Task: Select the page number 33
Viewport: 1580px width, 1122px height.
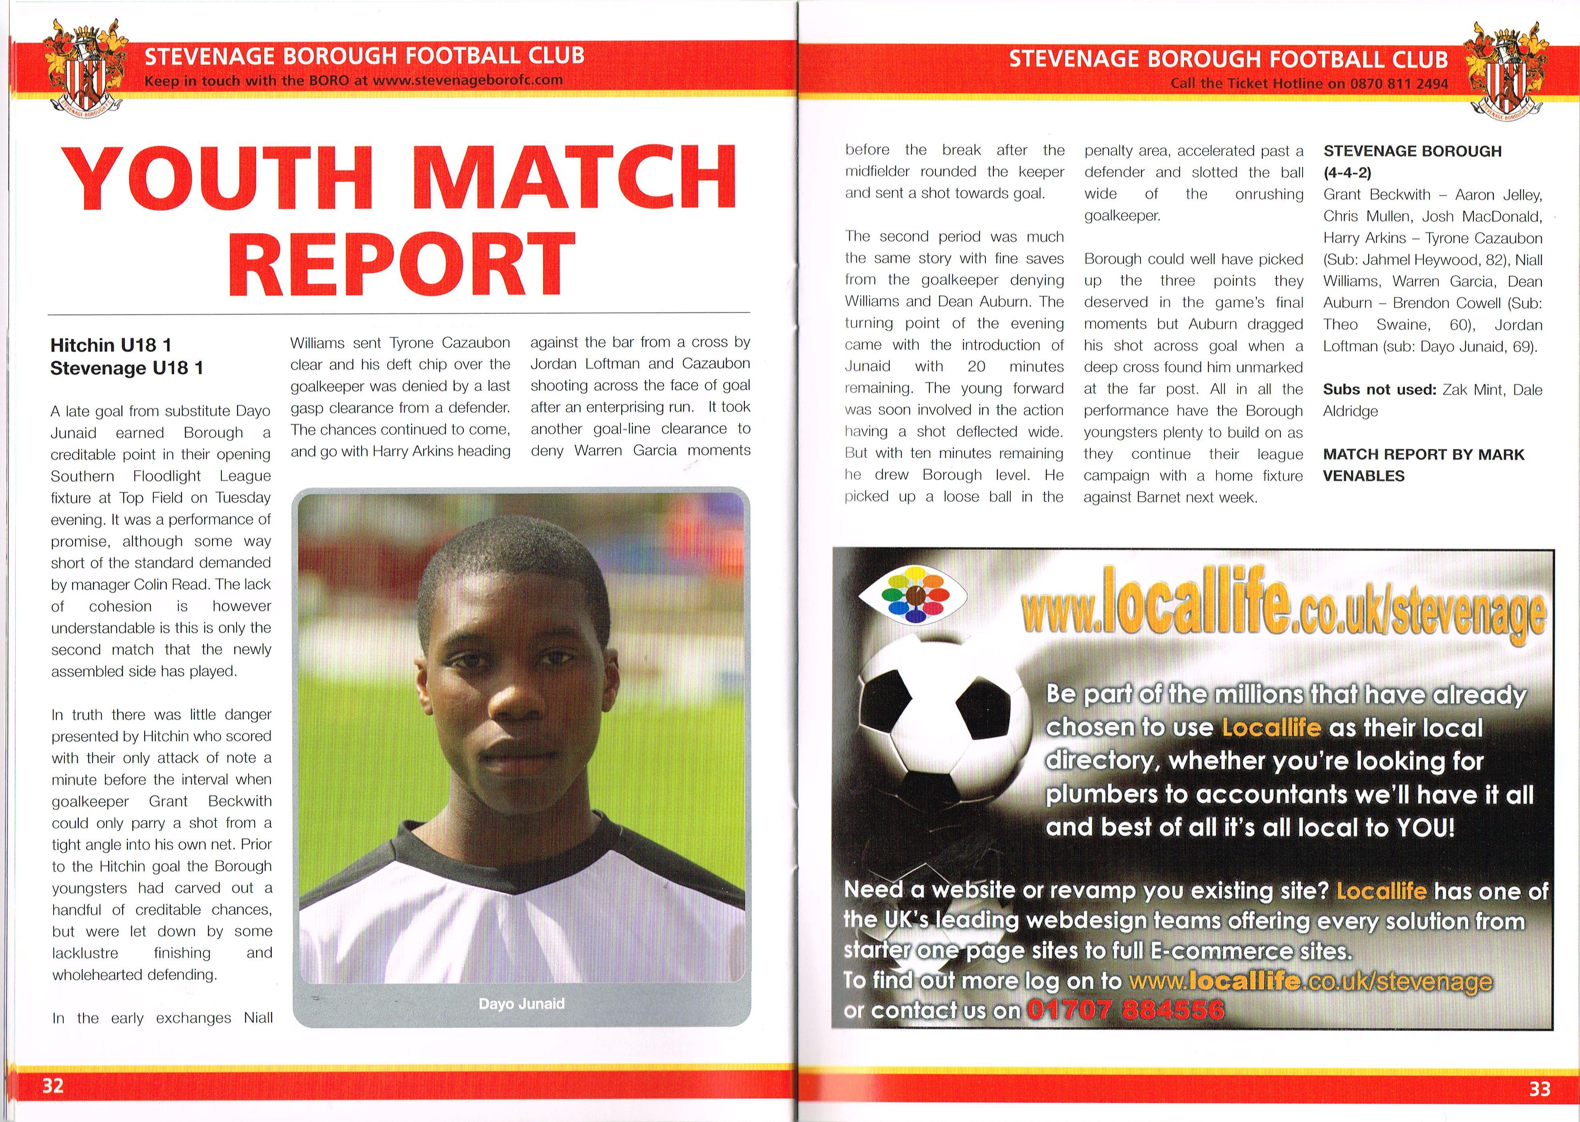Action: pyautogui.click(x=1539, y=1089)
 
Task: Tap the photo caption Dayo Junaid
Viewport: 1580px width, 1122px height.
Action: pyautogui.click(x=522, y=1003)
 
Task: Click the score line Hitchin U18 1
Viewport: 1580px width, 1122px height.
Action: pyautogui.click(x=110, y=345)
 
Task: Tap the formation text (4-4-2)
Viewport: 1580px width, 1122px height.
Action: pyautogui.click(x=1347, y=173)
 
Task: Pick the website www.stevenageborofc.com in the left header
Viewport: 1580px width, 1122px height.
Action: pyautogui.click(x=468, y=80)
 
